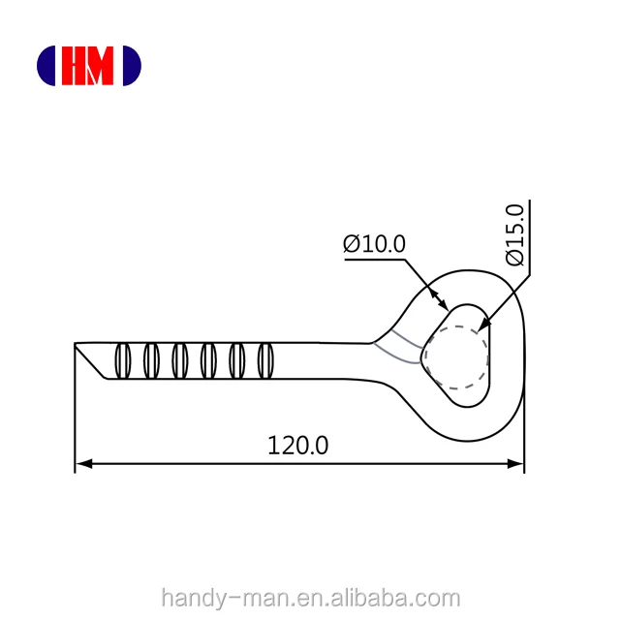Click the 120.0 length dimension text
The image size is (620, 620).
(x=298, y=446)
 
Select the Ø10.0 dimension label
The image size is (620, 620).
(x=374, y=244)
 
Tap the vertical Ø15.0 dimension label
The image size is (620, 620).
(x=513, y=234)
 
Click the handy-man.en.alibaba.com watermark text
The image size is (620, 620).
(x=310, y=598)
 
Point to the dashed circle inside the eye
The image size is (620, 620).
(x=455, y=357)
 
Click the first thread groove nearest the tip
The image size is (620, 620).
(x=122, y=360)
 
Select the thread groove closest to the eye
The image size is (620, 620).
(x=263, y=360)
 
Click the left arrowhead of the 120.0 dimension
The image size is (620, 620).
(x=83, y=465)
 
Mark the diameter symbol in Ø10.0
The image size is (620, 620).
(x=352, y=244)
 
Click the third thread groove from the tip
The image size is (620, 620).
(x=179, y=360)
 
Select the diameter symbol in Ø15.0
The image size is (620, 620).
(x=513, y=257)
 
